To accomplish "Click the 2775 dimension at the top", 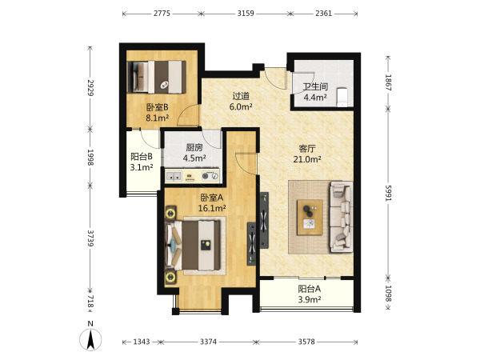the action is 162,14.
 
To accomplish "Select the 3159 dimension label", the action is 246,14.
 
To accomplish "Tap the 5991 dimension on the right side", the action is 388,193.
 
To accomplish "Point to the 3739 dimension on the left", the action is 90,238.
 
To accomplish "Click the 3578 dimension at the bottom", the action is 306,342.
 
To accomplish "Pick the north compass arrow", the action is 90,339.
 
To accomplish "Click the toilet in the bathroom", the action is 342,97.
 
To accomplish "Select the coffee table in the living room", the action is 310,218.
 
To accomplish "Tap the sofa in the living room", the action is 341,217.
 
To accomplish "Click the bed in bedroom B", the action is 157,77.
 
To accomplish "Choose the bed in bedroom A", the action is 193,245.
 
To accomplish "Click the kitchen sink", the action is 174,176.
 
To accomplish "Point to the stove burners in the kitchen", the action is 210,176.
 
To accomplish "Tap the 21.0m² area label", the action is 307,159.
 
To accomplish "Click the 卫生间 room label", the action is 315,86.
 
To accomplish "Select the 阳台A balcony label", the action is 309,289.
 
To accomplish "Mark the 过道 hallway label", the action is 241,96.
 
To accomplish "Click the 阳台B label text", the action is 142,157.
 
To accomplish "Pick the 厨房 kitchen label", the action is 194,147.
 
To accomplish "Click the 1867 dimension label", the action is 388,82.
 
